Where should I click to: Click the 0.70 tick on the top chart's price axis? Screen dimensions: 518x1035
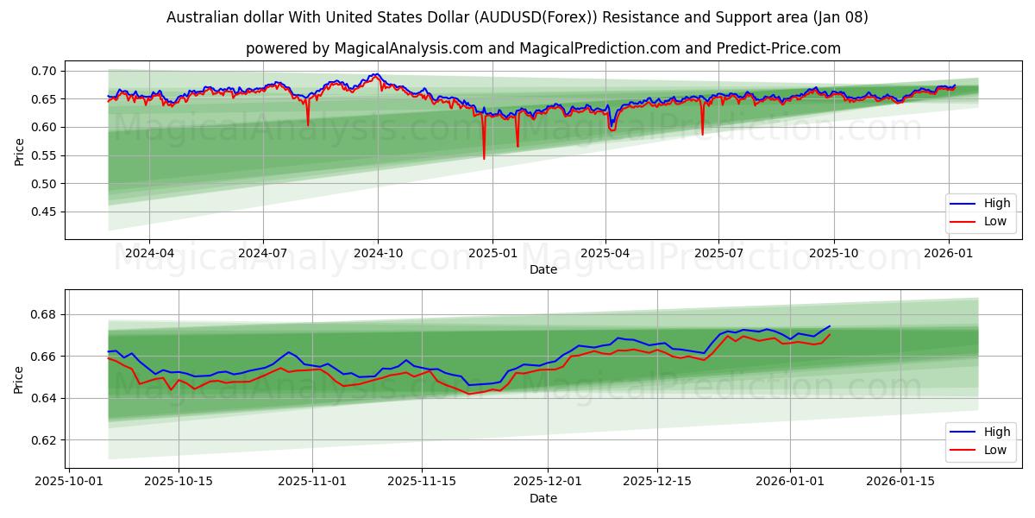click(44, 71)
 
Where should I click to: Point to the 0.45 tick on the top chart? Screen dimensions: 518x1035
click(44, 212)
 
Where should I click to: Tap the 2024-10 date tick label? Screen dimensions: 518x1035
click(378, 253)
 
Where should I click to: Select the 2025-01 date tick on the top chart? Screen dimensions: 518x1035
click(492, 253)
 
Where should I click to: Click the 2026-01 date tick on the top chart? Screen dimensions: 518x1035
click(948, 253)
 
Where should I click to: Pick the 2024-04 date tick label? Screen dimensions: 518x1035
click(149, 253)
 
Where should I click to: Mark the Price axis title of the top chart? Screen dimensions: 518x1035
click(19, 151)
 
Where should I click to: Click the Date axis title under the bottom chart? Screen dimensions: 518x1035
click(543, 498)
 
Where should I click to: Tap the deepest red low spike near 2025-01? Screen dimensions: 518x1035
click(484, 158)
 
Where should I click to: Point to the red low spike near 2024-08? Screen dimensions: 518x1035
click(308, 125)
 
